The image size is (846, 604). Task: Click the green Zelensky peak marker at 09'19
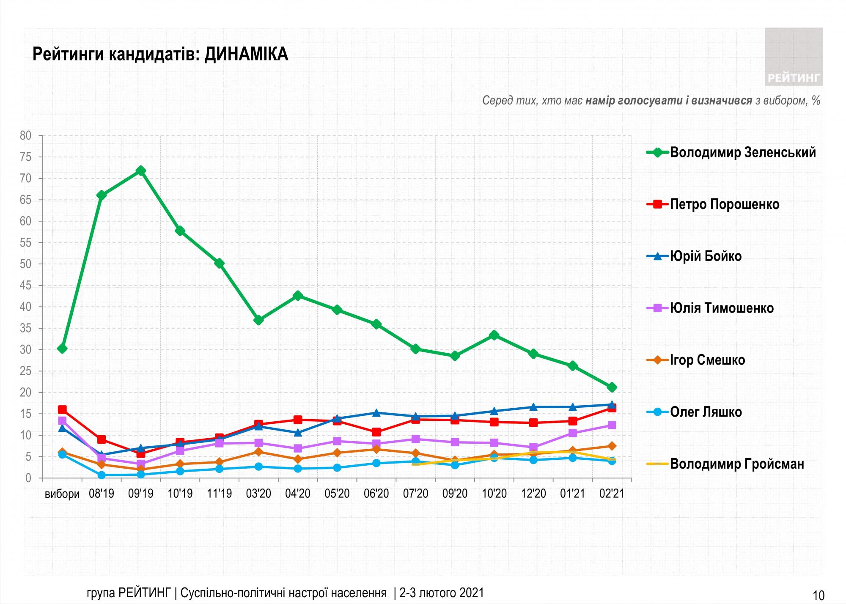tap(141, 170)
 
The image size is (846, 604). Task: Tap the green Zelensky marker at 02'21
tap(612, 387)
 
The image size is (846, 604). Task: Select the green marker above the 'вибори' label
tap(62, 349)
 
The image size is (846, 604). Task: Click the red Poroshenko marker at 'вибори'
tap(62, 409)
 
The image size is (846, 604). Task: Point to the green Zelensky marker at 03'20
tap(258, 320)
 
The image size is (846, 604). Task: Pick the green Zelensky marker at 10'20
tap(494, 335)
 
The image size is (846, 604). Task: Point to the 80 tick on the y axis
tap(26, 136)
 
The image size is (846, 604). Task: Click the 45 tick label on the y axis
tap(26, 286)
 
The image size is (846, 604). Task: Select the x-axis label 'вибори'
tap(62, 494)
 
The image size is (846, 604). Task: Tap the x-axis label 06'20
tap(376, 494)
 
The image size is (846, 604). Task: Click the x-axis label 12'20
tap(533, 494)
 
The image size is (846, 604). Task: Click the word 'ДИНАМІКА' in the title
tap(246, 55)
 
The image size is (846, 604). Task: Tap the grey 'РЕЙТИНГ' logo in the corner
tap(794, 57)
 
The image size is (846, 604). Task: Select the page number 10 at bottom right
tap(819, 596)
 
